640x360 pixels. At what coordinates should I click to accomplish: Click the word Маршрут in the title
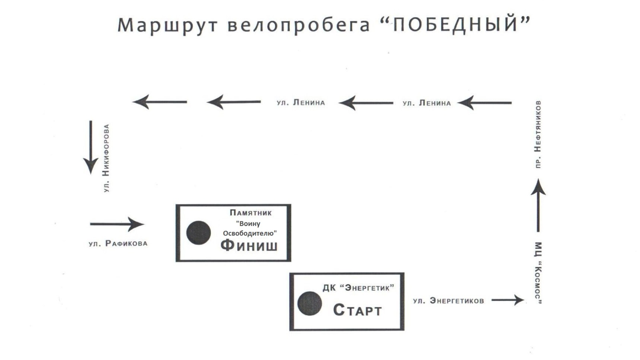[167, 25]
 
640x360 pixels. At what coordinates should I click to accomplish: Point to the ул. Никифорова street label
[106, 158]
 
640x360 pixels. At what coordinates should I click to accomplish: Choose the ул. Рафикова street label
[118, 243]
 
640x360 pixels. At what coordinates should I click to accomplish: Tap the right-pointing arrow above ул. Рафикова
[117, 224]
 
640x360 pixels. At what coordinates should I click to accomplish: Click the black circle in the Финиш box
[198, 233]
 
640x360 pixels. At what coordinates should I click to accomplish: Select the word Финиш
[249, 245]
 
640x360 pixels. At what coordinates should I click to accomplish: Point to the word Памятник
[250, 213]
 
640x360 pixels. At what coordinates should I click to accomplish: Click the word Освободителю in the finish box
[250, 233]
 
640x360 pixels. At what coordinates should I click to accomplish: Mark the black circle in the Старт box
[310, 303]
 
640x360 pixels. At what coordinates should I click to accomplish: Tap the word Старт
[357, 310]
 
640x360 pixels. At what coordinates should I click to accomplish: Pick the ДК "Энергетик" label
[358, 288]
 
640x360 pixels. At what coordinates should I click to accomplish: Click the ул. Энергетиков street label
[448, 301]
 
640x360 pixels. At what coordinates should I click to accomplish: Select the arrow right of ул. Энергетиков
[508, 300]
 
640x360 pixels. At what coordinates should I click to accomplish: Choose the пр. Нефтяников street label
[538, 134]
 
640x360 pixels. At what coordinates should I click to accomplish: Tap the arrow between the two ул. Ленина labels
[366, 103]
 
